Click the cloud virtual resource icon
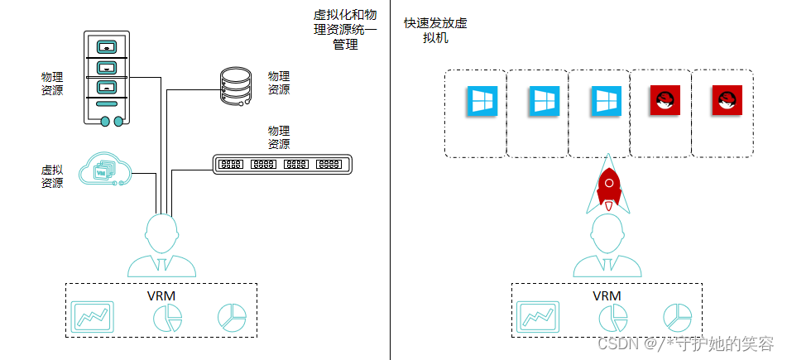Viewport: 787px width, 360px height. click(x=105, y=170)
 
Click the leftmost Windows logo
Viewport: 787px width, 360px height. click(x=481, y=101)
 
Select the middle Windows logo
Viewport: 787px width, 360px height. click(x=543, y=101)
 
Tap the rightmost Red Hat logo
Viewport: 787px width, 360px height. click(x=727, y=101)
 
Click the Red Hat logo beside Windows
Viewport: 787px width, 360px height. click(x=665, y=101)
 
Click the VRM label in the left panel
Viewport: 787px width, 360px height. click(x=161, y=295)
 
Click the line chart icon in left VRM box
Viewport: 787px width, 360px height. click(x=93, y=315)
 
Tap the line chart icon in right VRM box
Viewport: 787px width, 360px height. click(x=538, y=315)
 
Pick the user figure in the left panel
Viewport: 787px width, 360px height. click(x=162, y=245)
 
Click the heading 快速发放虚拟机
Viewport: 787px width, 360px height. click(x=435, y=31)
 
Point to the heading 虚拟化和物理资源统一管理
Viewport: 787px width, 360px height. click(x=345, y=31)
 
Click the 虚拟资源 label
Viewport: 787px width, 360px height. click(x=52, y=175)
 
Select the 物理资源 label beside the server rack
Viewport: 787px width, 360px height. click(x=52, y=83)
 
